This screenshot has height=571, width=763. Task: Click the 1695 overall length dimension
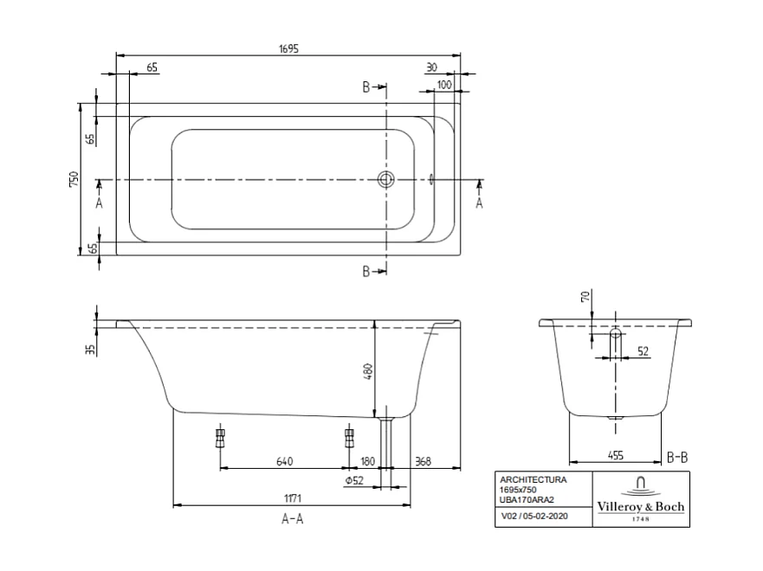[288, 49]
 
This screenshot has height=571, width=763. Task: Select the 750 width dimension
[74, 179]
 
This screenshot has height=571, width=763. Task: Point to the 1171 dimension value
[291, 498]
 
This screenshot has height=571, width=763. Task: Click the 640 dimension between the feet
[284, 461]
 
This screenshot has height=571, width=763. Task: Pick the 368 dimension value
[424, 461]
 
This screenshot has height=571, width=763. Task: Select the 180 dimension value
[368, 461]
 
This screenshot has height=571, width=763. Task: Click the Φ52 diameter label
[352, 481]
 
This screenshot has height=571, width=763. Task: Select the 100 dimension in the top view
[444, 84]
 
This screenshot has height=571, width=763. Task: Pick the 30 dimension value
[431, 67]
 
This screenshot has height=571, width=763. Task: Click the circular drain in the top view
[385, 180]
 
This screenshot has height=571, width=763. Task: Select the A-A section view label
[292, 519]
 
